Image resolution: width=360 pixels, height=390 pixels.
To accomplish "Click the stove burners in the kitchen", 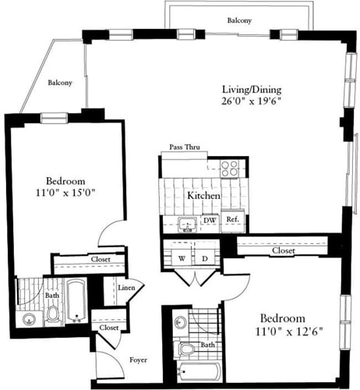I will (x=230, y=167).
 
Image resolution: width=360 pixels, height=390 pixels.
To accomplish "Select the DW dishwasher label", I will (x=209, y=222).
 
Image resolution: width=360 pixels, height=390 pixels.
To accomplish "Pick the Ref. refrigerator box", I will (x=232, y=222).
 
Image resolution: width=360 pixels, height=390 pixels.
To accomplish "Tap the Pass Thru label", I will (x=187, y=147).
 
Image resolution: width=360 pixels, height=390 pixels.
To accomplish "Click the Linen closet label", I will (x=126, y=289).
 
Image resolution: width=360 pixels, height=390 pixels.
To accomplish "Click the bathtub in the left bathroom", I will (x=76, y=301).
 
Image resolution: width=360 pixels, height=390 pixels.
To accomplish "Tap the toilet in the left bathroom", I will (x=53, y=314).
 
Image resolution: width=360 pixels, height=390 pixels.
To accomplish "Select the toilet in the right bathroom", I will (x=185, y=350).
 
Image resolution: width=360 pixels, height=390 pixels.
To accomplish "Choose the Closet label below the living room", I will (x=283, y=251).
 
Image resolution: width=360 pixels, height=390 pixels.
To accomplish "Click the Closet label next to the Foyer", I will (x=109, y=328).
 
